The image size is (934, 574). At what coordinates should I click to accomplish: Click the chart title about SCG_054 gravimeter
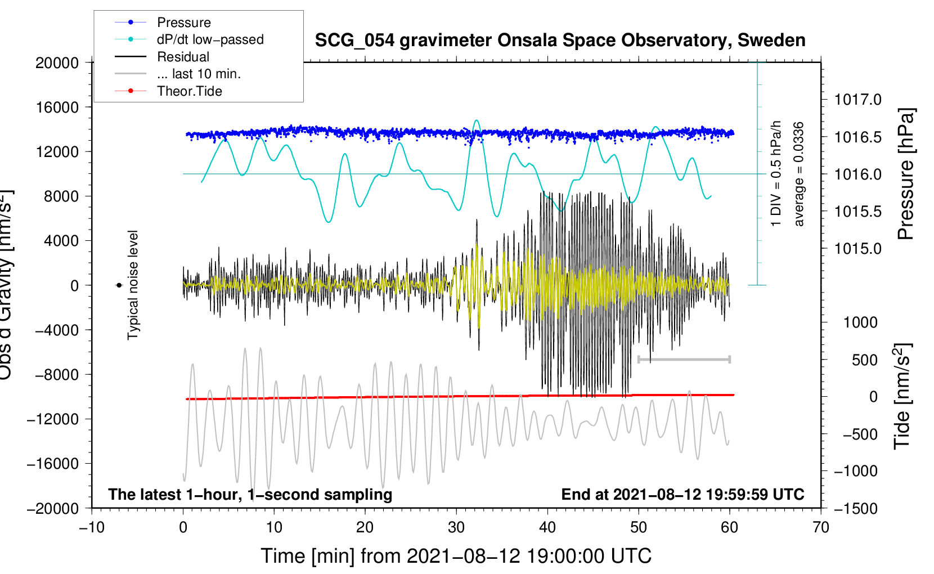[x=560, y=41]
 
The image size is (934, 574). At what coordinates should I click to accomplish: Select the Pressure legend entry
[x=183, y=23]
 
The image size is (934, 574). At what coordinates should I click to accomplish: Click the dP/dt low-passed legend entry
[x=210, y=39]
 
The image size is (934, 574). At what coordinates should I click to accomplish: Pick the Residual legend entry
[x=183, y=57]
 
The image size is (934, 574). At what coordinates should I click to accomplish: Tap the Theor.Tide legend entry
[x=189, y=91]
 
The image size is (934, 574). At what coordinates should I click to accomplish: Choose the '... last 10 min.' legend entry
[x=199, y=74]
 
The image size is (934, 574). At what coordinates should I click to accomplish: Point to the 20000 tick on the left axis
[x=57, y=63]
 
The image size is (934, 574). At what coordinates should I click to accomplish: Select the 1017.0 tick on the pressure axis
[x=857, y=100]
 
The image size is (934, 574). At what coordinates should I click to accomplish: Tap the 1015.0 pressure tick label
[x=857, y=249]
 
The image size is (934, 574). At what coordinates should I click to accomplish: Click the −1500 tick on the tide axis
[x=855, y=509]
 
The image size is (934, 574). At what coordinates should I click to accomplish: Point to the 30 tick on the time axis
[x=456, y=527]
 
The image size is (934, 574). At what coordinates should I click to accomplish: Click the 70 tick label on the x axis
[x=821, y=527]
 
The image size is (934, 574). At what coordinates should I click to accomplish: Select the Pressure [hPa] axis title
[x=906, y=174]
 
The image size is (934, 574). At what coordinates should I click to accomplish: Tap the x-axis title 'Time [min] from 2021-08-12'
[x=456, y=556]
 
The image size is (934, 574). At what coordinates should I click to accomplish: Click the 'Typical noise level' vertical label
[x=133, y=285]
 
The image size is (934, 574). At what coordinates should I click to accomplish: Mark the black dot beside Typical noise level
[x=119, y=285]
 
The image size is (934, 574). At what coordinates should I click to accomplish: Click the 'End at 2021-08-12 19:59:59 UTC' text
[x=682, y=495]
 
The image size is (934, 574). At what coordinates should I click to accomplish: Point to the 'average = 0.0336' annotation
[x=799, y=174]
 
